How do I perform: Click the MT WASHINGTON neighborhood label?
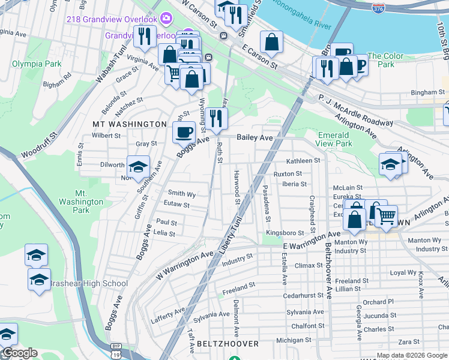[129, 124]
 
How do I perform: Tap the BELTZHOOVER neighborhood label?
[228, 344]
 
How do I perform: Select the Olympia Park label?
[36, 63]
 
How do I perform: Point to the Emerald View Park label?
[334, 139]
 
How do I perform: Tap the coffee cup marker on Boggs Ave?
[184, 131]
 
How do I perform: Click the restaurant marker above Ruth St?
[217, 117]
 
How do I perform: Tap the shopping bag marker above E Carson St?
[271, 43]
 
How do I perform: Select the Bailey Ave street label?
[255, 137]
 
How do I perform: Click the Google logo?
[20, 353]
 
